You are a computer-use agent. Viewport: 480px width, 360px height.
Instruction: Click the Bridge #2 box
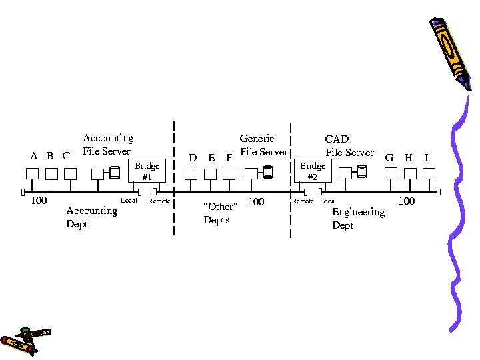coord(312,171)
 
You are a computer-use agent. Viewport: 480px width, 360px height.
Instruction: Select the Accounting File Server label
coord(107,145)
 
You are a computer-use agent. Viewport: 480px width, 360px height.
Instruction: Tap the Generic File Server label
coord(263,145)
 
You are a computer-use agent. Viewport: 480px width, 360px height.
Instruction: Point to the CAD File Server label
coord(349,146)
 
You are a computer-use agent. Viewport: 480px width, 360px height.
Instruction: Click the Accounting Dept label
coord(91,217)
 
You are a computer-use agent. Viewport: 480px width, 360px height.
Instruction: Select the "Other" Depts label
coord(219,213)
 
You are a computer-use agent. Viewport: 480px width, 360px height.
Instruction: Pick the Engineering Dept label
coord(358,219)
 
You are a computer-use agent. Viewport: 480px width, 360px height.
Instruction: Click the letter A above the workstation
coord(34,156)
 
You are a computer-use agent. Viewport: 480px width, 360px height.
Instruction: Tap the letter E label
coord(211,158)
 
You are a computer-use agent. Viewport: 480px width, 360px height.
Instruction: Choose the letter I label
coord(426,158)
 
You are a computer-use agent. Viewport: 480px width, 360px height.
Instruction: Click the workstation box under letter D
coord(191,174)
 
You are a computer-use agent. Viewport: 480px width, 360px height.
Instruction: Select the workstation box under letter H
coord(409,173)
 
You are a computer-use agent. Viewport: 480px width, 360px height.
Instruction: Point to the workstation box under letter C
coord(70,174)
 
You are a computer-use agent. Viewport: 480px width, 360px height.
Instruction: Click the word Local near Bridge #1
coord(129,201)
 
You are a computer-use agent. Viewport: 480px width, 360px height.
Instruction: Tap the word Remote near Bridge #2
coord(303,201)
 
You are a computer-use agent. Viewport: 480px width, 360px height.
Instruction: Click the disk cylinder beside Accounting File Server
coord(115,173)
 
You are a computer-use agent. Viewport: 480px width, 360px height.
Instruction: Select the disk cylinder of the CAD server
coord(362,173)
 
